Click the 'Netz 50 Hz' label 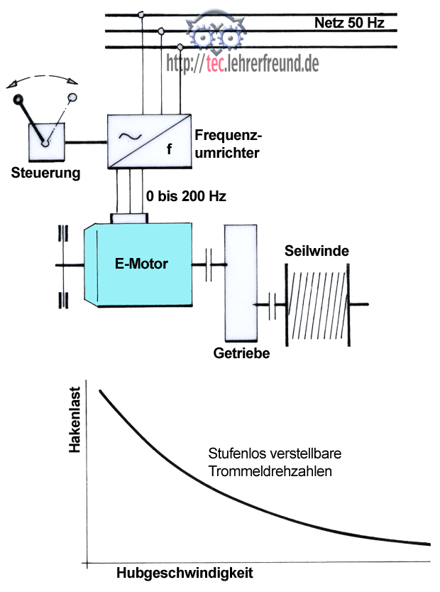[349, 23]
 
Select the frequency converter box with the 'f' [148, 141]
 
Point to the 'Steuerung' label [46, 173]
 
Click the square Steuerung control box [46, 141]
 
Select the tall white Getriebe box [241, 282]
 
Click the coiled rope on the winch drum [318, 304]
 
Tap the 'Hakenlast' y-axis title [75, 426]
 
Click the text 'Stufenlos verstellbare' [266, 453]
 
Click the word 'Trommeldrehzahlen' [270, 470]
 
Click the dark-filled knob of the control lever [19, 99]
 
